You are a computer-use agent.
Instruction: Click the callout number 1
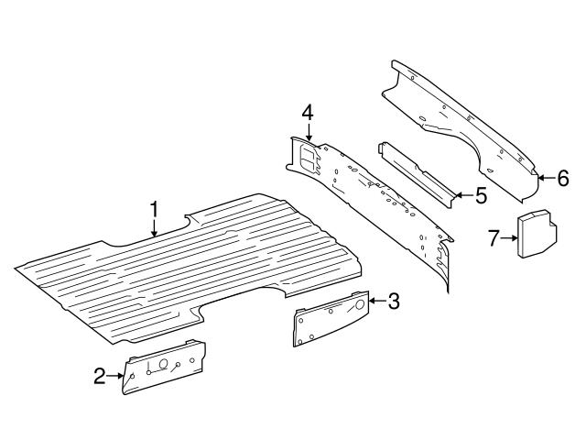[x=155, y=210]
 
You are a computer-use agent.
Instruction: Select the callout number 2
[x=100, y=376]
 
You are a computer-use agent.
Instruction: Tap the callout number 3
[x=394, y=301]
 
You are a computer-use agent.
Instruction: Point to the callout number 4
[x=308, y=112]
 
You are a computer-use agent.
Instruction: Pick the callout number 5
[x=482, y=195]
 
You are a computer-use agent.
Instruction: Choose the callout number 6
[x=563, y=178]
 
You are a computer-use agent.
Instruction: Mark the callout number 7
[x=494, y=238]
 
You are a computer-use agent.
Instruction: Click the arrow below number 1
[x=155, y=228]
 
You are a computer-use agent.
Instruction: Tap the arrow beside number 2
[x=114, y=376]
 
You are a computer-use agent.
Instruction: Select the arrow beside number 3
[x=378, y=301]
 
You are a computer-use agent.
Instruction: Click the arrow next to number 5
[x=464, y=195]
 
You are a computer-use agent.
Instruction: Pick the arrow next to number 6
[x=547, y=178]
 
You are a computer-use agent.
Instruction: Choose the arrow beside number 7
[x=509, y=237]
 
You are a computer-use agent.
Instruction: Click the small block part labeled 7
[x=537, y=235]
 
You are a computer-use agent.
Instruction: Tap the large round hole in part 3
[x=360, y=304]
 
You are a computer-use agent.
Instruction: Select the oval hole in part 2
[x=163, y=363]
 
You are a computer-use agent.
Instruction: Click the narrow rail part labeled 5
[x=418, y=175]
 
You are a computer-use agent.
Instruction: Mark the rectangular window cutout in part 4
[x=309, y=158]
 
